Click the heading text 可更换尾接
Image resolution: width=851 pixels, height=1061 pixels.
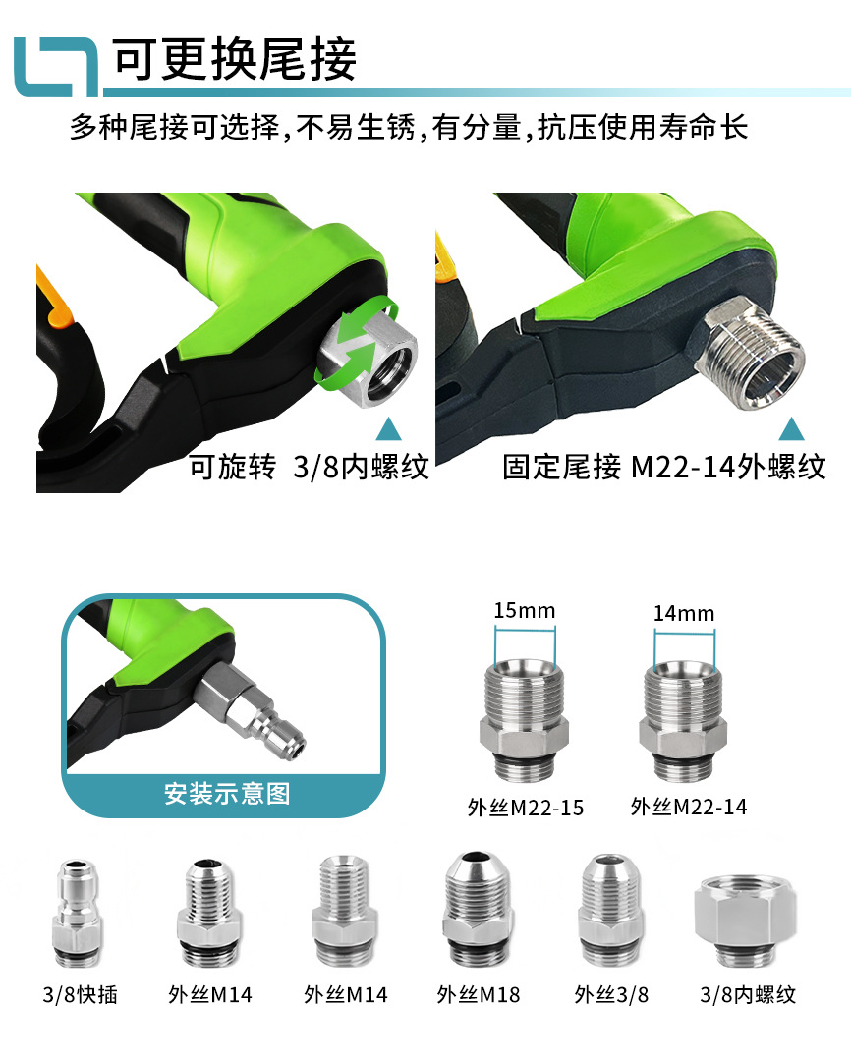[234, 60]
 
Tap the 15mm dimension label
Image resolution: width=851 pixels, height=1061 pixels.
[524, 610]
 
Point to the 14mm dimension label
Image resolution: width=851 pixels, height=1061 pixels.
[683, 613]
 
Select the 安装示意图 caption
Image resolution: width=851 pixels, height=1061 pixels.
[227, 793]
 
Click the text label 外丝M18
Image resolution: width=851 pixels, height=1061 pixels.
[478, 994]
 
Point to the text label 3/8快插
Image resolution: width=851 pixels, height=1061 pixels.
[81, 994]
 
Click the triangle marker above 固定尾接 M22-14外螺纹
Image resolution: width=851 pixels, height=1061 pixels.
[792, 428]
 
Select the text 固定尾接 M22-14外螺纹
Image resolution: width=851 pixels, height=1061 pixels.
[664, 466]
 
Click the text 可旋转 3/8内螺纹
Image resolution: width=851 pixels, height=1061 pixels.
[309, 466]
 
